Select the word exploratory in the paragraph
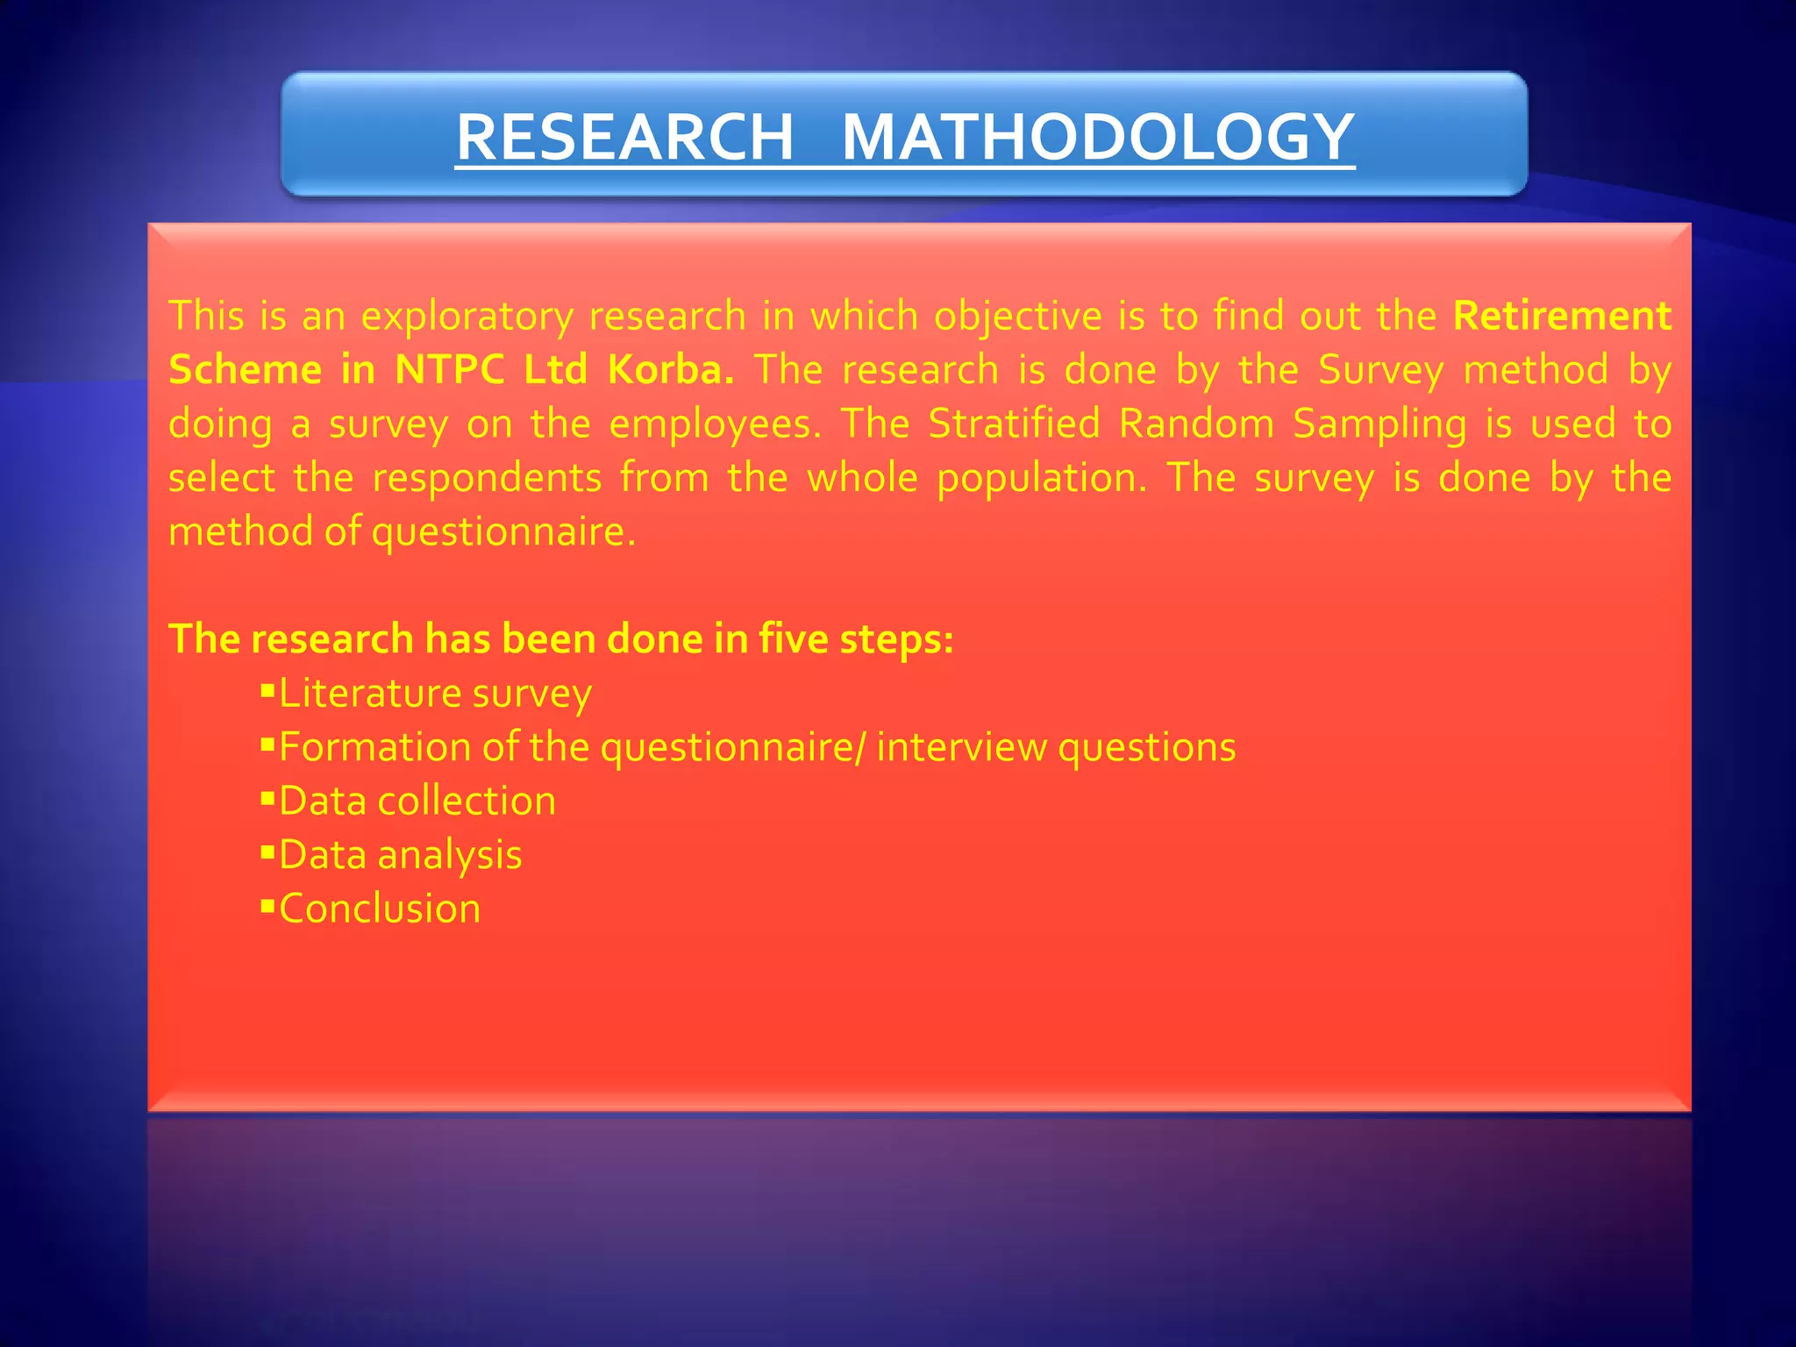point(467,317)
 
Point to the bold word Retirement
point(1562,315)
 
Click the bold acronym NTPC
point(450,369)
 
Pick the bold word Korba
point(671,369)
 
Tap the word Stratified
point(1014,424)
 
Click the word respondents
point(487,479)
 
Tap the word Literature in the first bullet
point(369,693)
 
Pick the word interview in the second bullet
point(961,747)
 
